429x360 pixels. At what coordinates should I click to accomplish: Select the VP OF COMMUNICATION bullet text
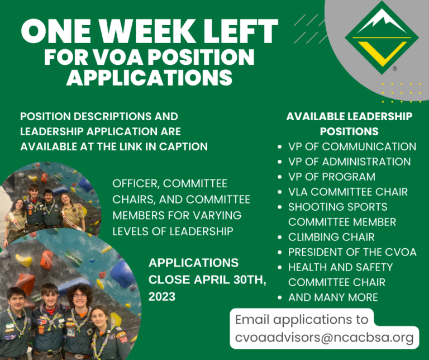click(352, 146)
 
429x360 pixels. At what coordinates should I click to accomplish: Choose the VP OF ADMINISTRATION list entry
click(349, 162)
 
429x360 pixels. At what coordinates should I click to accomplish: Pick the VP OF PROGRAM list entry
click(332, 177)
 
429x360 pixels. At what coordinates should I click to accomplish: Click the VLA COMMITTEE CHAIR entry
click(348, 192)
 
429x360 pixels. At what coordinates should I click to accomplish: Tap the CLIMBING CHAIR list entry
click(331, 237)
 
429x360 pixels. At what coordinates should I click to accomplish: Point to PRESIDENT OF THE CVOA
click(352, 252)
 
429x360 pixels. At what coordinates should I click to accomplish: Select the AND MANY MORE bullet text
click(333, 297)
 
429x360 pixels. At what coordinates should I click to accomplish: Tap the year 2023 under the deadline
click(161, 296)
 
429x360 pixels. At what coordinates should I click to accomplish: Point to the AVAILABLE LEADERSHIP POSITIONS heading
click(349, 124)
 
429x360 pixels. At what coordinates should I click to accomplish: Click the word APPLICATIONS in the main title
click(149, 77)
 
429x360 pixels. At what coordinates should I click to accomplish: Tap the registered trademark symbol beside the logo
click(395, 68)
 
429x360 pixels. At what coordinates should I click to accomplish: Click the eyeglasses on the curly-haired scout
click(80, 296)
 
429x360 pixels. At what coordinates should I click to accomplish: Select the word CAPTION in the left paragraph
click(183, 146)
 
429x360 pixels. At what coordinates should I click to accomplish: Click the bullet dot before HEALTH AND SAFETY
click(279, 267)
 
